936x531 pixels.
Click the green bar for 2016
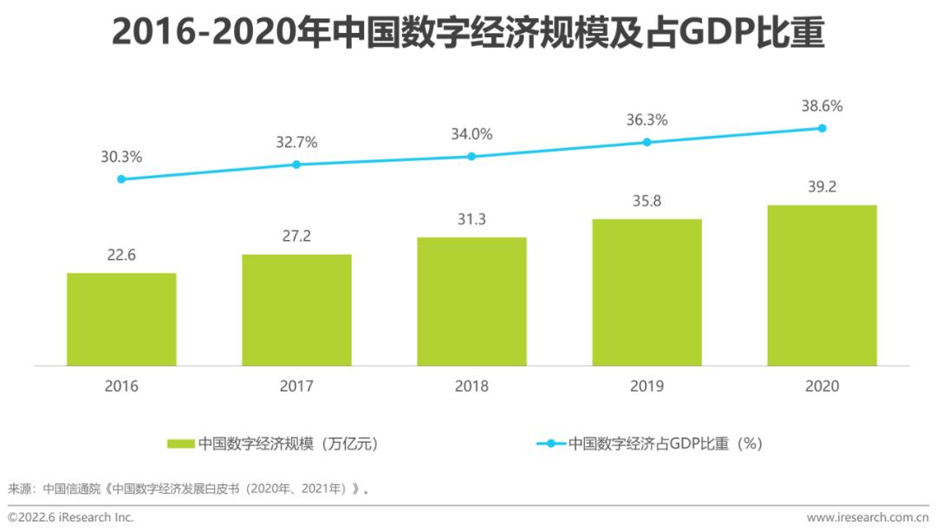click(121, 319)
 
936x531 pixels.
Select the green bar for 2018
click(471, 301)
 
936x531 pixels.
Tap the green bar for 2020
click(822, 285)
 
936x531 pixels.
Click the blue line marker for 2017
click(296, 164)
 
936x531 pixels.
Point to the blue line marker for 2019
click(647, 142)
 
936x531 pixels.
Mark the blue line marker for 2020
click(822, 128)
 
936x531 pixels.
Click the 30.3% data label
click(121, 157)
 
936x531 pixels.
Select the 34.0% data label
click(471, 134)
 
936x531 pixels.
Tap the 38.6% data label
click(822, 106)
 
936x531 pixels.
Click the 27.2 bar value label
click(296, 236)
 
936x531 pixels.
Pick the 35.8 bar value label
click(647, 200)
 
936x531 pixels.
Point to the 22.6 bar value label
click(121, 255)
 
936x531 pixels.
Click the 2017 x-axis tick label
click(296, 386)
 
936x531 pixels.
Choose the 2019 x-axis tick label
click(647, 386)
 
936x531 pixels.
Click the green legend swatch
click(181, 444)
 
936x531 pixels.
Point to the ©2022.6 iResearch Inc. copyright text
click(70, 517)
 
